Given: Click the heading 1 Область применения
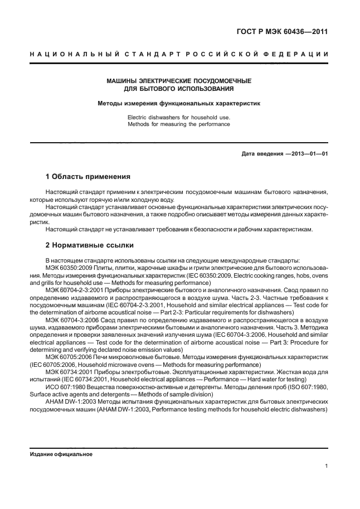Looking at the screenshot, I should (87, 177).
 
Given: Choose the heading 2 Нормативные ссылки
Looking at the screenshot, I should (89, 245).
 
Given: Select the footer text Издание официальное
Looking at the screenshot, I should (61, 454).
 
